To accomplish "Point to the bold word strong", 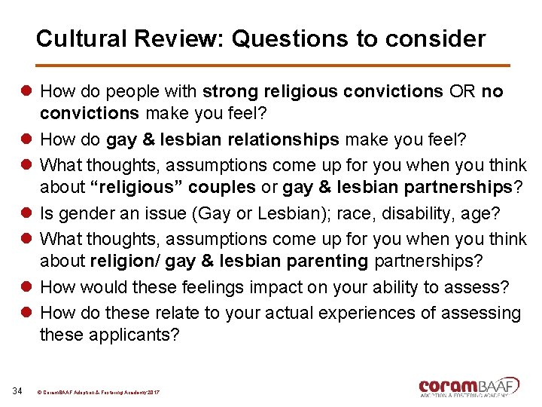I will [230, 92].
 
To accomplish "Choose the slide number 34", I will [18, 390].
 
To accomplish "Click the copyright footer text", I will [97, 392].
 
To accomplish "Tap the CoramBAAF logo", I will [469, 386].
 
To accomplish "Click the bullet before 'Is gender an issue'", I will [26, 214].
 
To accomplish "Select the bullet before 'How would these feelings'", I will [26, 287].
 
